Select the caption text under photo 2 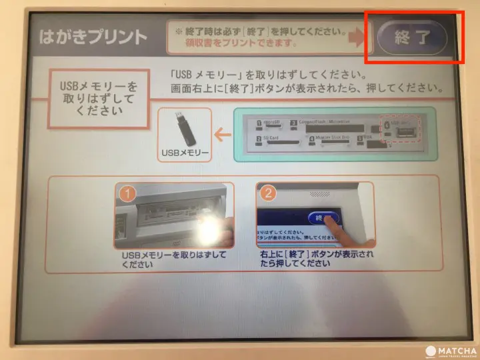[315, 259]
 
